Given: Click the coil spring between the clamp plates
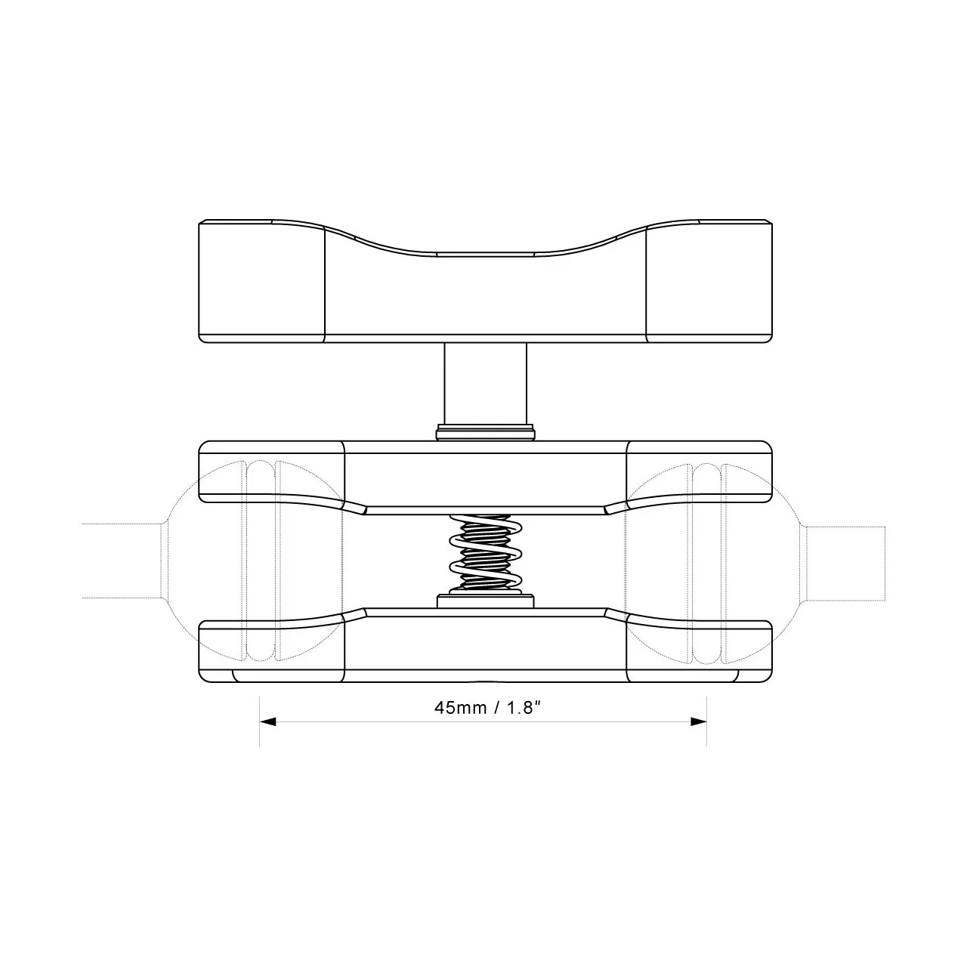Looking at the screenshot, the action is [x=485, y=554].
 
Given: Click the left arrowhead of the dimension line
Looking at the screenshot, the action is [x=268, y=722].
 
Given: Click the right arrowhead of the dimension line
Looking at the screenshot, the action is [x=699, y=722].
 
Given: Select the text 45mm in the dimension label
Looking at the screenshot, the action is [x=461, y=708].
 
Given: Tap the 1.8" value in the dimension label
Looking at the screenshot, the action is [x=524, y=708].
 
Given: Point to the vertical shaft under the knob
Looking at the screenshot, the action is [x=485, y=384].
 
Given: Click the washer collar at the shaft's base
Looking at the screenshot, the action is [x=485, y=433].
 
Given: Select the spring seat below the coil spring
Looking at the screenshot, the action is [x=485, y=601].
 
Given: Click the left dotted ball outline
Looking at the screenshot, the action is [x=167, y=561].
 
